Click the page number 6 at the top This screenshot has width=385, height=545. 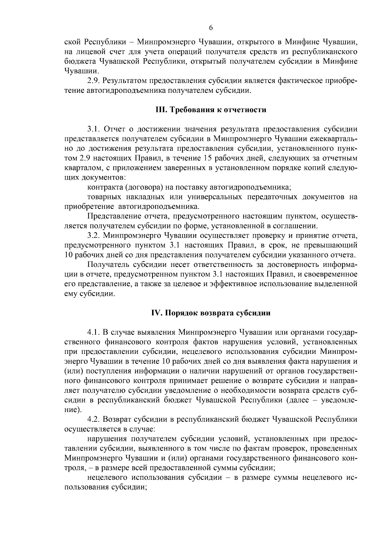[211, 28]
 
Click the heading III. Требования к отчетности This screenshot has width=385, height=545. [211, 110]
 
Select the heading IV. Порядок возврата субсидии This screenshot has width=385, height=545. [211, 313]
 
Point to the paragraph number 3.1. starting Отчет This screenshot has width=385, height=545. [93, 129]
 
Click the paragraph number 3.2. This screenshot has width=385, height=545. [93, 236]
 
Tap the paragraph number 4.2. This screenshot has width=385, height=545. [93, 419]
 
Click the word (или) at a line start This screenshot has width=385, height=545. [74, 371]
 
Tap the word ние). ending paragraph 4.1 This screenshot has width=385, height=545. [73, 410]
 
